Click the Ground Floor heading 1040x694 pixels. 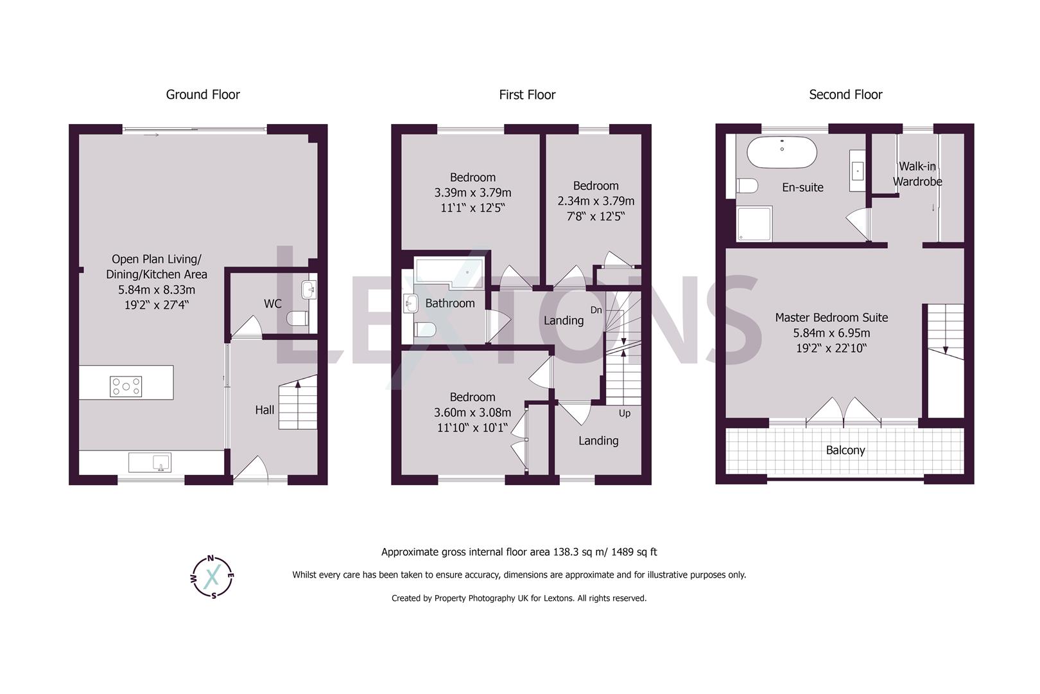point(203,94)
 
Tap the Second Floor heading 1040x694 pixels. point(845,94)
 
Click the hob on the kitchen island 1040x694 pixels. point(126,386)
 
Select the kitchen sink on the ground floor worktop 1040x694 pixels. point(150,462)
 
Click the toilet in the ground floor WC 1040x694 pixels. point(298,318)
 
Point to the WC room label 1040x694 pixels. point(273,303)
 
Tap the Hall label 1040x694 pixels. point(264,410)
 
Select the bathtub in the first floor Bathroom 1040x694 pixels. point(449,272)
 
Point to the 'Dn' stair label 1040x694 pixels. point(596,310)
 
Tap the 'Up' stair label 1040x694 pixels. point(625,413)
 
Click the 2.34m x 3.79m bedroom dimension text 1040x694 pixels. point(596,200)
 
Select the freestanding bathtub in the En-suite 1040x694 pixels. point(782,152)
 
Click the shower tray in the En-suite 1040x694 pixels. point(754,223)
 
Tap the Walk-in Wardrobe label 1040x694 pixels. point(917,174)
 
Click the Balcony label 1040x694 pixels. point(845,450)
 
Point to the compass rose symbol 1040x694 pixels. point(213,576)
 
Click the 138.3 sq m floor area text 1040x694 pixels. point(519,552)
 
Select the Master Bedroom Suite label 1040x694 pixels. point(831,317)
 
